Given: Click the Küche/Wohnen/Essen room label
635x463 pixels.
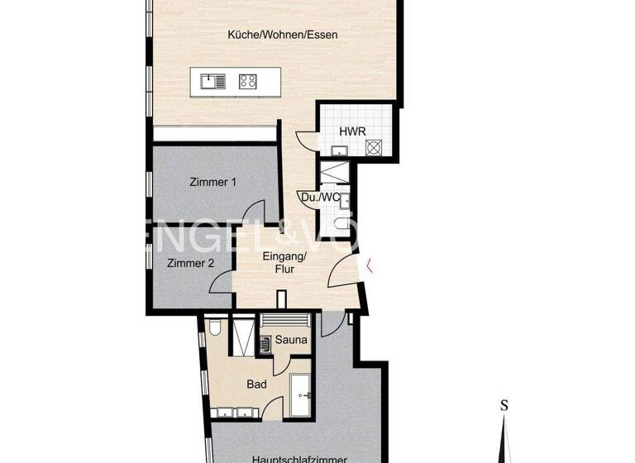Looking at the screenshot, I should pyautogui.click(x=283, y=35).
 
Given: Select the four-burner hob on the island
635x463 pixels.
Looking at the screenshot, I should pyautogui.click(x=247, y=81).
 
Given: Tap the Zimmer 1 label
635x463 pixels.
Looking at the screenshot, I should pyautogui.click(x=212, y=182).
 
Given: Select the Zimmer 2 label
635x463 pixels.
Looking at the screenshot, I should pyautogui.click(x=191, y=264).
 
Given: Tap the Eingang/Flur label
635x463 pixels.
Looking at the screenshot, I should pyautogui.click(x=284, y=262).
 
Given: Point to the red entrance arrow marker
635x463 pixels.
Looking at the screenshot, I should pyautogui.click(x=370, y=265).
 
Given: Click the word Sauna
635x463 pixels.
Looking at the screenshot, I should pyautogui.click(x=291, y=340).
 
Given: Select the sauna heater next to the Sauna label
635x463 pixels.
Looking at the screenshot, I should pyautogui.click(x=265, y=342).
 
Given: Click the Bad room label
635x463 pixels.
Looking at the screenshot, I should pyautogui.click(x=256, y=384).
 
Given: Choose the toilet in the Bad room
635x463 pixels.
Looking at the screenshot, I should pyautogui.click(x=213, y=329).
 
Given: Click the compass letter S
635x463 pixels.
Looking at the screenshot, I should pyautogui.click(x=504, y=405).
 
